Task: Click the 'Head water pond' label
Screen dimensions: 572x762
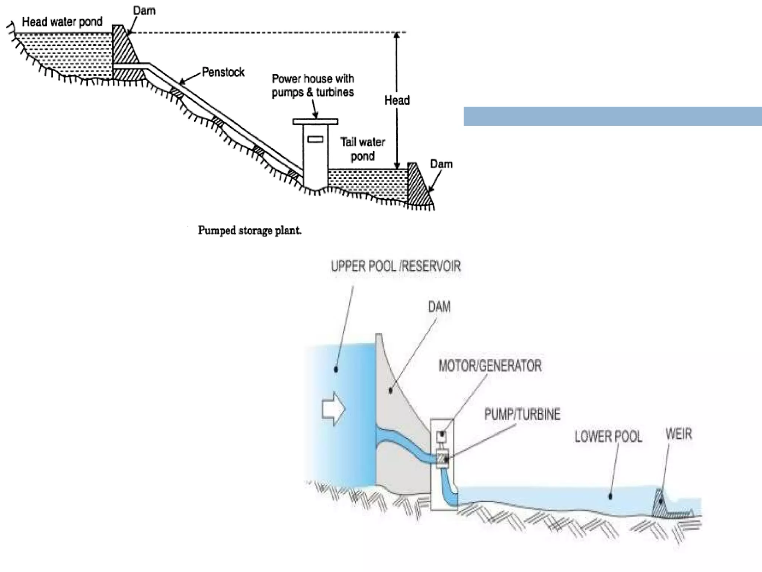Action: (x=62, y=22)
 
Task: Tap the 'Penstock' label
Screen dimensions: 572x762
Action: (x=223, y=72)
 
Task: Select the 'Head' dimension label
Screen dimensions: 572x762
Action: (x=397, y=100)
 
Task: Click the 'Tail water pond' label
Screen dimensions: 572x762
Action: (x=362, y=149)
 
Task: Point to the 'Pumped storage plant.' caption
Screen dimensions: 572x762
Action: (x=250, y=231)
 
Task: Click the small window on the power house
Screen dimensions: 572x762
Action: (x=315, y=139)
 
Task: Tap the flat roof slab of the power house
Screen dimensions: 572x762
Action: (x=315, y=121)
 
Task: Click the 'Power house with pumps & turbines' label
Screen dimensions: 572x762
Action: (x=313, y=85)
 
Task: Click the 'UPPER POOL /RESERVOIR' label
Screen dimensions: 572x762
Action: (x=396, y=266)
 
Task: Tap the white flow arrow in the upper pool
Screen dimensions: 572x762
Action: (x=333, y=409)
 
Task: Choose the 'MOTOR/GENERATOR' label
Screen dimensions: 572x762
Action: (x=490, y=366)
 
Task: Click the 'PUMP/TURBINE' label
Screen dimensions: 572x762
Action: (x=522, y=414)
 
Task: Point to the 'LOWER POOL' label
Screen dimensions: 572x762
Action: (x=608, y=436)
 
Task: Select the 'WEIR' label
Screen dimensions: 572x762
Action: (x=679, y=434)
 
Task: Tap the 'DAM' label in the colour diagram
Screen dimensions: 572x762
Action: (x=439, y=307)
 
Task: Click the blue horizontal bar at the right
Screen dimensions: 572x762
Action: (x=612, y=116)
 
